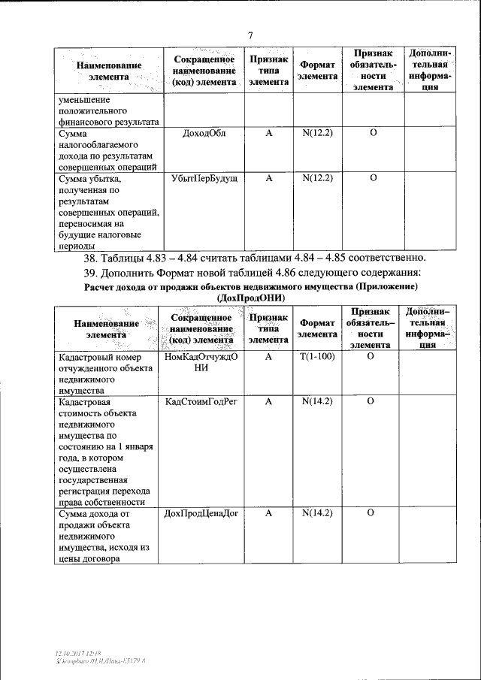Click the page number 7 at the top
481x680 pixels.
point(251,34)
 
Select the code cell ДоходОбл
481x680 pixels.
point(204,134)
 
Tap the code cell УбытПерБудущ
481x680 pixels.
point(204,179)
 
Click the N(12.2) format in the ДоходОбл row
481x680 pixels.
point(317,134)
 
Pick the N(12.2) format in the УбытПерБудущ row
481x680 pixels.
point(317,179)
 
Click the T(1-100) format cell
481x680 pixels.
point(317,358)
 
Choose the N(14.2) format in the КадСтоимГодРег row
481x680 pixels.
point(317,403)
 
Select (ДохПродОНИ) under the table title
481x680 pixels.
point(250,298)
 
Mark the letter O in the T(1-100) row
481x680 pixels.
point(371,358)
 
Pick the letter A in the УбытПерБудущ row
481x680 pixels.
point(268,179)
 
